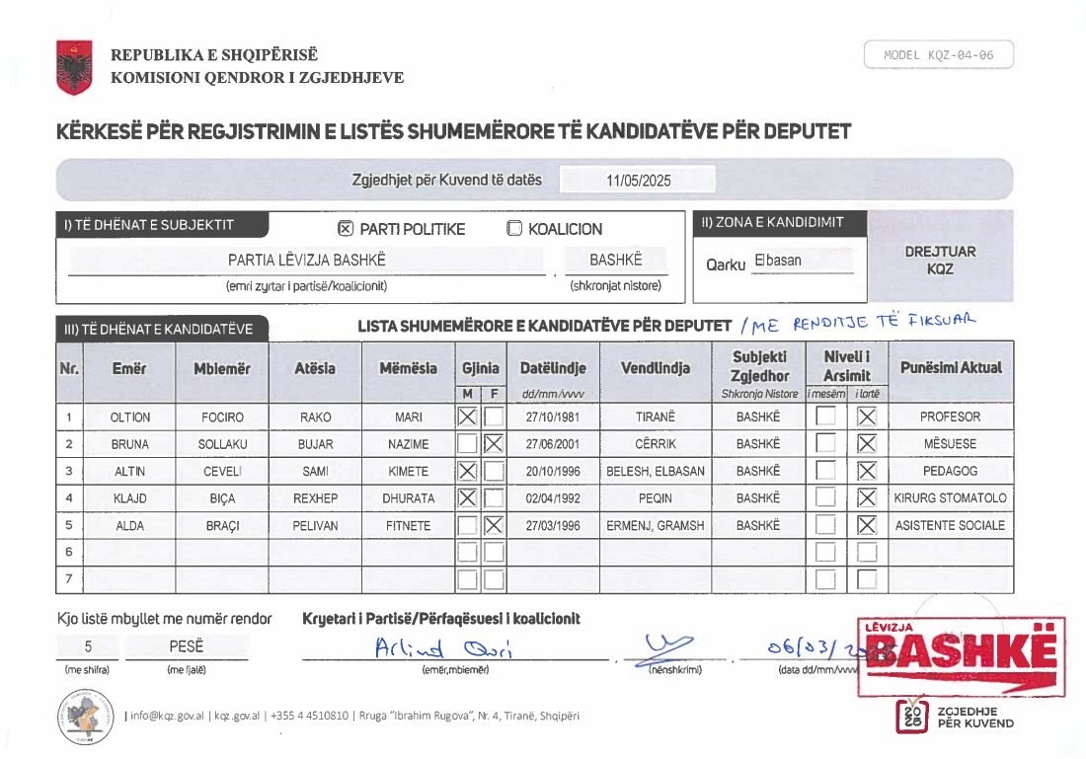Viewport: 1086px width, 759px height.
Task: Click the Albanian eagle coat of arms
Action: pos(74,67)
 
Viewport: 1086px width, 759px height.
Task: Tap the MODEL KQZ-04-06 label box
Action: pos(938,55)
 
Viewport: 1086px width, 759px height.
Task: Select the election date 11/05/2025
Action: pos(638,181)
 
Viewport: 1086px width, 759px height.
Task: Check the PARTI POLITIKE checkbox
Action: pos(346,229)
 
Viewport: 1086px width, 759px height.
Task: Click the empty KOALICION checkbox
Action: pos(514,229)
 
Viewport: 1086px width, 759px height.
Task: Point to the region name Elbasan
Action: pos(777,261)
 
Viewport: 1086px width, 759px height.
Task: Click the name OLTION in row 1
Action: pos(130,417)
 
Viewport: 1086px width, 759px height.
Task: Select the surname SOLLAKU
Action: pos(222,444)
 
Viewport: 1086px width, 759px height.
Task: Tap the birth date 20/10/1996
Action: pos(553,472)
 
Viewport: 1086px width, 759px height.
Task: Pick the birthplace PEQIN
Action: pos(655,498)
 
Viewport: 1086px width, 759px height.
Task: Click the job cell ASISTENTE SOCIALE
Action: pos(950,526)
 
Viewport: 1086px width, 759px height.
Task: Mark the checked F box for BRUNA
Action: pos(494,444)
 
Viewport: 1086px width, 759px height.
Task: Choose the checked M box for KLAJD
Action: pos(468,498)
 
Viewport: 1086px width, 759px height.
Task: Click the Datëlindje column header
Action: pos(553,368)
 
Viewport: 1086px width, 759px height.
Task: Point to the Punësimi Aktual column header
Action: pos(950,367)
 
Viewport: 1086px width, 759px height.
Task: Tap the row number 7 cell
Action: pos(69,579)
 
